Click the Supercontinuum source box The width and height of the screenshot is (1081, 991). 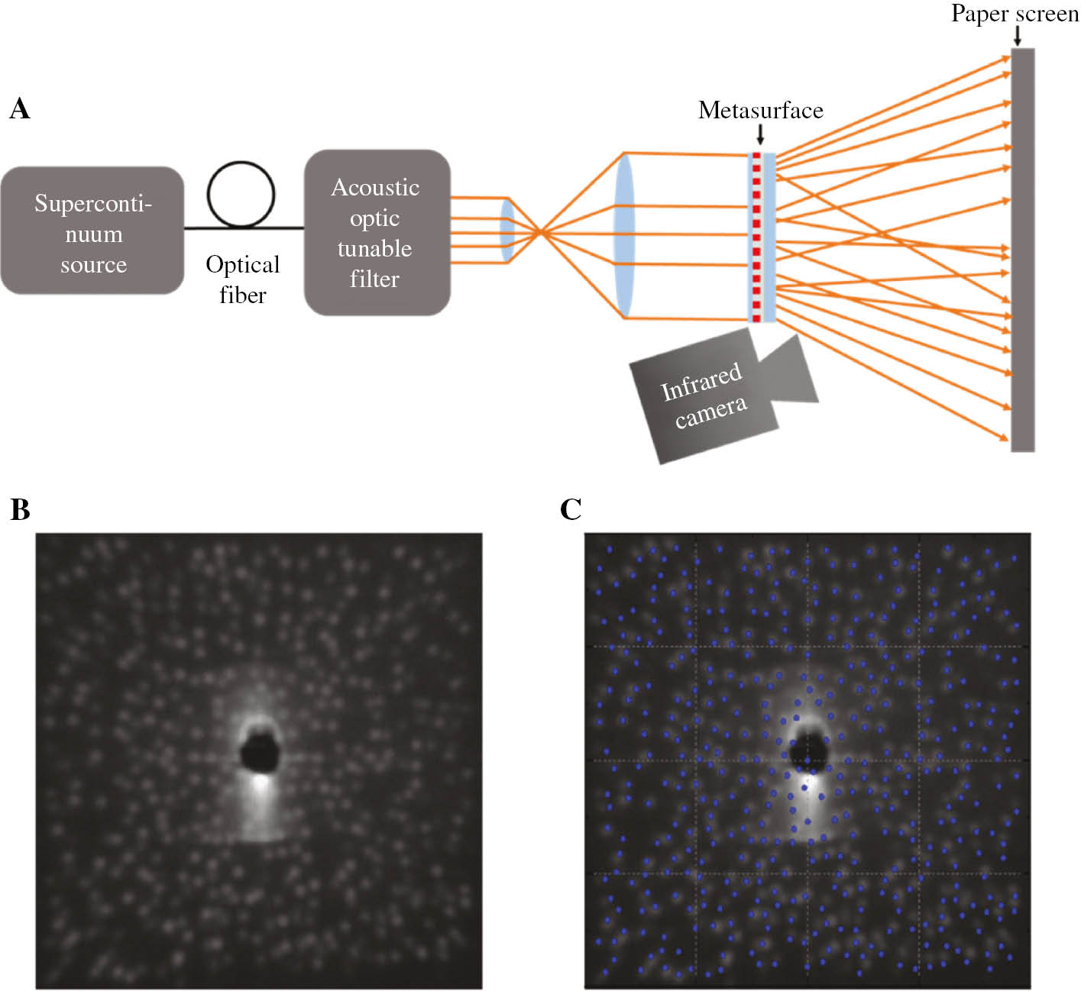(92, 230)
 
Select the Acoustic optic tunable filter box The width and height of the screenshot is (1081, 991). (377, 232)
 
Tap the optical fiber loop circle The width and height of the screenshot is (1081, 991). (241, 194)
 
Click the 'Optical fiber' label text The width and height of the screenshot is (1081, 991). (242, 279)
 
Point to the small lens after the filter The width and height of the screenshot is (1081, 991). (507, 231)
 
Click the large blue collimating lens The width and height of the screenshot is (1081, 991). (624, 235)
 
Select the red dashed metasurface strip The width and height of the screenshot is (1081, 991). (756, 237)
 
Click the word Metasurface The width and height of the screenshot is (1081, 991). (760, 111)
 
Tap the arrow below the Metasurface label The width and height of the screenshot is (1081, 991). (759, 134)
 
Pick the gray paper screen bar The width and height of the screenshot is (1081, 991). (1022, 250)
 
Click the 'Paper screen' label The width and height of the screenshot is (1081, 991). (1014, 14)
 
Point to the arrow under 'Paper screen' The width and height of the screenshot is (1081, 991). (1017, 36)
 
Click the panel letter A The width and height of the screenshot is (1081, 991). (20, 109)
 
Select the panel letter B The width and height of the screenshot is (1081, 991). (20, 509)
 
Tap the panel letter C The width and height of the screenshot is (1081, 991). (571, 509)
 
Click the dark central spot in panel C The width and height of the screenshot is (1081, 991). (808, 753)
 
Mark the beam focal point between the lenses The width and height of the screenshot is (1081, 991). (540, 231)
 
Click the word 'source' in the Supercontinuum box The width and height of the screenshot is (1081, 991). (93, 265)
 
